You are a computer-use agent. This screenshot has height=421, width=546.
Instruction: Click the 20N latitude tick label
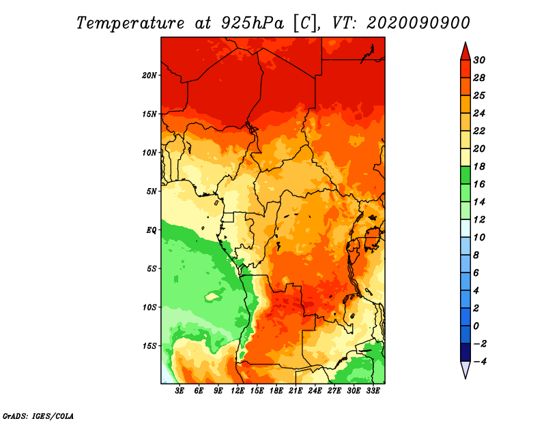tap(149, 76)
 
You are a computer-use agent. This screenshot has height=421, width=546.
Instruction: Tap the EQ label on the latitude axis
tap(151, 230)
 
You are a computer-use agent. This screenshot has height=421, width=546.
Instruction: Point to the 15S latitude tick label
tap(149, 346)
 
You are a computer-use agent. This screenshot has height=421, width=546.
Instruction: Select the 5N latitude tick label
tap(152, 191)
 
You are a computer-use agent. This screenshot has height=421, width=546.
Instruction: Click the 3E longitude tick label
tap(179, 391)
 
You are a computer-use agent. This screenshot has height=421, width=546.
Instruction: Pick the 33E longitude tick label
tap(373, 391)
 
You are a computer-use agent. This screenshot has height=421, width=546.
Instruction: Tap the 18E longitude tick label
tap(276, 391)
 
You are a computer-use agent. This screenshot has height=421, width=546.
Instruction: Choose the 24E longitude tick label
tap(315, 391)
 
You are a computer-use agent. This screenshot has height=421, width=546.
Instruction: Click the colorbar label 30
tap(479, 60)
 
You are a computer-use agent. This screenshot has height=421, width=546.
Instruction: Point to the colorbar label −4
tap(480, 362)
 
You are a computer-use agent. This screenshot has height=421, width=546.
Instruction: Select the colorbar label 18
tap(479, 166)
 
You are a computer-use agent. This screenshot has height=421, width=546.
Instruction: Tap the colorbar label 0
tap(476, 326)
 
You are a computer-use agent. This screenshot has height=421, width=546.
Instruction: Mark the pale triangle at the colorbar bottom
tap(465, 369)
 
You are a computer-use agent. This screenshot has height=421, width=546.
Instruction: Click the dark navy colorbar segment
tap(465, 352)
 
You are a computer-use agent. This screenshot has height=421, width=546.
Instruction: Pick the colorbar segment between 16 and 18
tap(465, 175)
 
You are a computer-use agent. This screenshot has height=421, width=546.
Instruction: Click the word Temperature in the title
tap(130, 23)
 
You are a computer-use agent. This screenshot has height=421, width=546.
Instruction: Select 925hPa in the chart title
tap(253, 23)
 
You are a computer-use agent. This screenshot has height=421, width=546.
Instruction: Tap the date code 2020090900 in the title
tap(418, 23)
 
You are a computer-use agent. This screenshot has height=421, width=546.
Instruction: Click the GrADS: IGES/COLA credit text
tap(38, 416)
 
